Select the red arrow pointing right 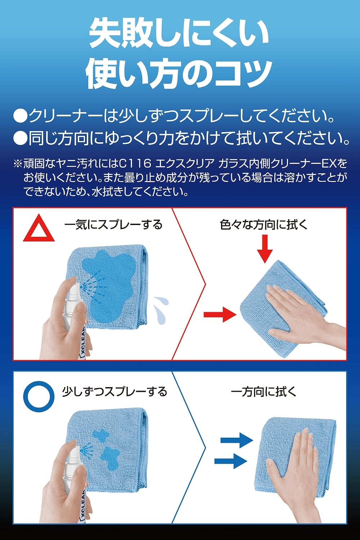pyautogui.click(x=220, y=315)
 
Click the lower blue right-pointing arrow pyautogui.click(x=231, y=461)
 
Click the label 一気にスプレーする pyautogui.click(x=113, y=225)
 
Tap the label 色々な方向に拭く pyautogui.click(x=264, y=225)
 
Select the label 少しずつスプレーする pyautogui.click(x=114, y=392)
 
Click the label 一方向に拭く pyautogui.click(x=264, y=392)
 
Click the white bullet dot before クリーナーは pyautogui.click(x=20, y=116)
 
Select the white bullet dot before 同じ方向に pyautogui.click(x=20, y=138)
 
